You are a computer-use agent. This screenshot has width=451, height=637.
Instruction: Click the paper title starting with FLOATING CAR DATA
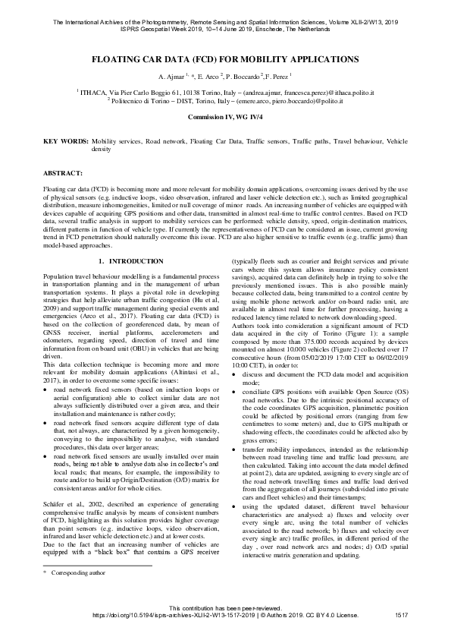click(225, 58)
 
